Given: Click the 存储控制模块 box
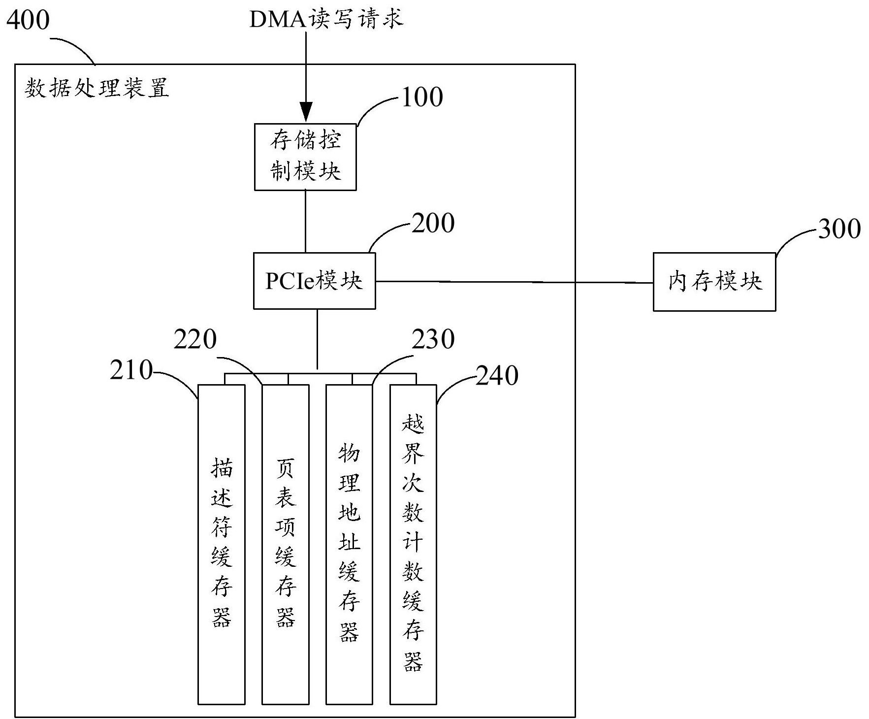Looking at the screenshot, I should [305, 157].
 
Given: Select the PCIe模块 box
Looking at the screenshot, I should [315, 281].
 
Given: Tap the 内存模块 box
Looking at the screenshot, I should [714, 282].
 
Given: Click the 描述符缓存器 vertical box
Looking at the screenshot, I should [222, 544].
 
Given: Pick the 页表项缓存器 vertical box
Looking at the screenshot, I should [286, 544].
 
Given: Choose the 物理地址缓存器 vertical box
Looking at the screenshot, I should [349, 544].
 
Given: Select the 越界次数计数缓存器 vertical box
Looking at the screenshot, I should [413, 544].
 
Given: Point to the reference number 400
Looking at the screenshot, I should [28, 21].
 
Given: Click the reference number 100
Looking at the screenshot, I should [422, 97].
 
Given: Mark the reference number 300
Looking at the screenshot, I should [839, 229].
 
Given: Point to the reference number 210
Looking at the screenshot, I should [131, 370].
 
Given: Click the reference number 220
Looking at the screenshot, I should [195, 339].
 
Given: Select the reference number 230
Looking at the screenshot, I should [433, 339].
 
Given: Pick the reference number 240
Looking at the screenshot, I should [497, 376].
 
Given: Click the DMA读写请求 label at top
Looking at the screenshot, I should [326, 19].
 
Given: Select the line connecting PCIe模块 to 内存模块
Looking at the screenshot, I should [515, 282].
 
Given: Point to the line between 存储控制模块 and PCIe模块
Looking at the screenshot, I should [305, 222].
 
